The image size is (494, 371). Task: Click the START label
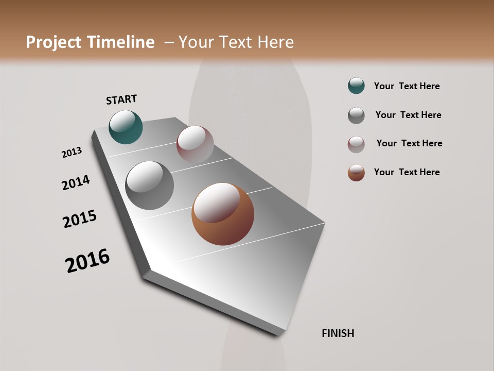pyautogui.click(x=121, y=99)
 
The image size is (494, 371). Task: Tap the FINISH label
pyautogui.click(x=338, y=333)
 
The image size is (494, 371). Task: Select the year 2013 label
pyautogui.click(x=72, y=153)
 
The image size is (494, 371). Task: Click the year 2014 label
pyautogui.click(x=76, y=182)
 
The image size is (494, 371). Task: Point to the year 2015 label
pyautogui.click(x=80, y=219)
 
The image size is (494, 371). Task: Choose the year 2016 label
pyautogui.click(x=87, y=261)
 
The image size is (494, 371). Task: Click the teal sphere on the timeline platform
pyautogui.click(x=126, y=127)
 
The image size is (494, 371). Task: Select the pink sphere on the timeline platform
pyautogui.click(x=195, y=144)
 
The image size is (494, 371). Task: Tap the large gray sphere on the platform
pyautogui.click(x=149, y=185)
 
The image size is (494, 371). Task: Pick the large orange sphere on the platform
pyautogui.click(x=223, y=214)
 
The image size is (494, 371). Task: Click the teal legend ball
pyautogui.click(x=356, y=86)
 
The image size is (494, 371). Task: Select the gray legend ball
pyautogui.click(x=356, y=115)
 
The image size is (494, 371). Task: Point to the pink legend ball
pyautogui.click(x=356, y=144)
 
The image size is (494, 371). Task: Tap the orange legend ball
pyautogui.click(x=356, y=173)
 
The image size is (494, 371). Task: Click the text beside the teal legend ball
pyautogui.click(x=407, y=87)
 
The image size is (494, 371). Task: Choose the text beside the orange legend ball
pyautogui.click(x=407, y=172)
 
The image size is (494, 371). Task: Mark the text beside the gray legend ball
pyautogui.click(x=408, y=115)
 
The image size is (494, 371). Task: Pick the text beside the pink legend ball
pyautogui.click(x=409, y=143)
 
